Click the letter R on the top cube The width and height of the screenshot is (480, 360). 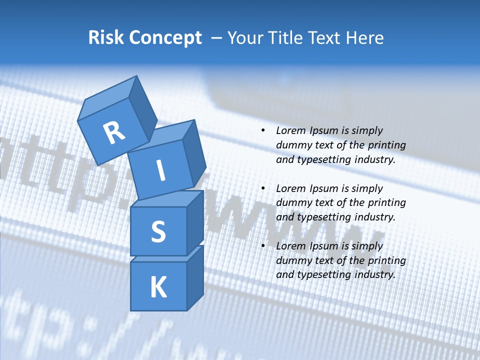point(114,132)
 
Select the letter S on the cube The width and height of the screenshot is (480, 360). point(158,231)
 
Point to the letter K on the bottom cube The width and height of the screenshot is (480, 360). point(158,287)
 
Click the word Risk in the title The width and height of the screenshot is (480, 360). point(106,37)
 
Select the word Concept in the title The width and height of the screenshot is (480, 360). point(165,38)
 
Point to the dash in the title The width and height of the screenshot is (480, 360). point(217,38)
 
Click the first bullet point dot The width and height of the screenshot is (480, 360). point(263,131)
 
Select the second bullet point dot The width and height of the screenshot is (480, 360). point(263,188)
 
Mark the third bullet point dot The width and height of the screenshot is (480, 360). point(263,246)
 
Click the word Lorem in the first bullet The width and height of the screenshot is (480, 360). point(289,131)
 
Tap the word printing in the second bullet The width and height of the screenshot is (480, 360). point(387,203)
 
